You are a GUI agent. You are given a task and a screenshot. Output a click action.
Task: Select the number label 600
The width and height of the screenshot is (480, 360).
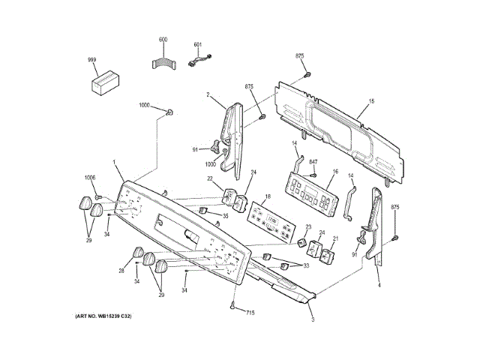pos(163,39)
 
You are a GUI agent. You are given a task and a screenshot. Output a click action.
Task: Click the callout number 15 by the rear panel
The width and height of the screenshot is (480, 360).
pos(370,100)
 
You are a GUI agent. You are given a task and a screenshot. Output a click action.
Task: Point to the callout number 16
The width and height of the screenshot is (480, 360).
pos(335,172)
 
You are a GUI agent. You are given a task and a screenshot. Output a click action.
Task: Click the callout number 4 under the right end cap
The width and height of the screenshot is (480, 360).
pos(379,286)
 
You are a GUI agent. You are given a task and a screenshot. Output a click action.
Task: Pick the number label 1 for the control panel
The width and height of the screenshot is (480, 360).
pos(114,163)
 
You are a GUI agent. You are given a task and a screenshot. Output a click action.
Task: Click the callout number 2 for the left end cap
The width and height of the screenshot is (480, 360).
pos(208,94)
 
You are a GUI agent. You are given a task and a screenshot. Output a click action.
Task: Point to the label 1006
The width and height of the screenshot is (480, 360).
pos(90,178)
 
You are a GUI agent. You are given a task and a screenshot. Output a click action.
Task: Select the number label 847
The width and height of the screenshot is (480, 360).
pos(313,162)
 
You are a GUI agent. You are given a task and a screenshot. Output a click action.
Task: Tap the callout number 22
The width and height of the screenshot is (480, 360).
pos(211,178)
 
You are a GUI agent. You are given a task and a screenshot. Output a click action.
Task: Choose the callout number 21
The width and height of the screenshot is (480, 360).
pos(335,238)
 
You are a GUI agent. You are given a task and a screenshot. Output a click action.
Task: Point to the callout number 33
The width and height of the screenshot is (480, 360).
pos(305,265)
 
